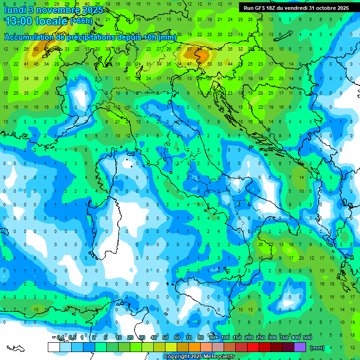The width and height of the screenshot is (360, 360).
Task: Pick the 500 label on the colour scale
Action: (x=307, y=337)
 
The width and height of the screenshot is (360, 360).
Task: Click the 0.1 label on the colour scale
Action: (x=60, y=337)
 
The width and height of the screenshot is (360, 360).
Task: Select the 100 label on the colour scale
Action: (x=225, y=337)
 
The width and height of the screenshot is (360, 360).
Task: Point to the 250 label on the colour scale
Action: (x=261, y=337)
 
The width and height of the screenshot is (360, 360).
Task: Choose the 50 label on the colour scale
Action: (x=165, y=337)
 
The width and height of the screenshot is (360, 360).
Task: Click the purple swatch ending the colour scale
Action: (x=300, y=347)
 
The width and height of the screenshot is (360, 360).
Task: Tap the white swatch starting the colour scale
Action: (x=53, y=347)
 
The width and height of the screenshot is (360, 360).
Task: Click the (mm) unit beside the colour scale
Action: (x=317, y=348)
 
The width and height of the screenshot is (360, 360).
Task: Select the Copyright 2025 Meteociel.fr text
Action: (x=199, y=357)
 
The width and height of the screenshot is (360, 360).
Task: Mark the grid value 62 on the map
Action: (x=36, y=49)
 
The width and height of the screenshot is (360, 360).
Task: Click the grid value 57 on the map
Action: (x=190, y=49)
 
